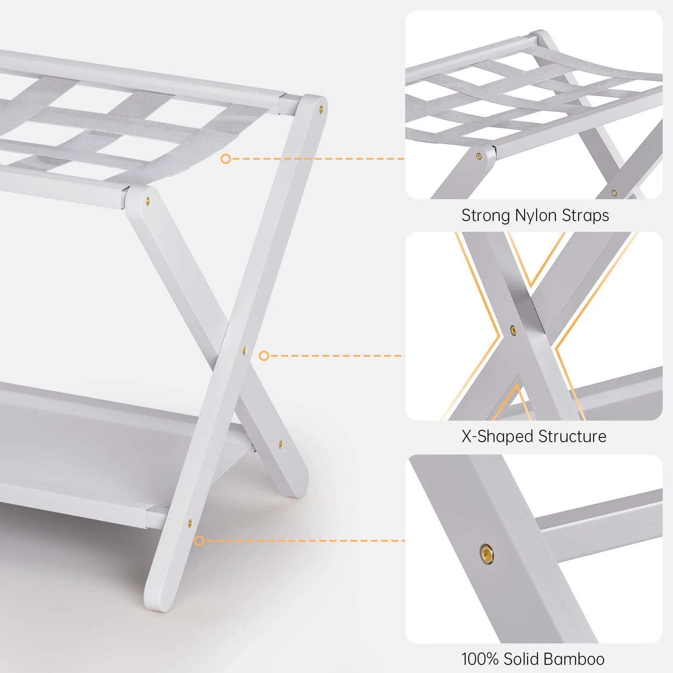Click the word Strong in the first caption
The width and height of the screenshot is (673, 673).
pyautogui.click(x=486, y=215)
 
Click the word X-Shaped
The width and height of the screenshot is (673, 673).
pyautogui.click(x=497, y=437)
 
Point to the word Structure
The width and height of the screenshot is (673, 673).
pyautogui.click(x=573, y=437)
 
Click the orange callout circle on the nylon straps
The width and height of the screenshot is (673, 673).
pyautogui.click(x=226, y=159)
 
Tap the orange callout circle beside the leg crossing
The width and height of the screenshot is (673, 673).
pyautogui.click(x=264, y=356)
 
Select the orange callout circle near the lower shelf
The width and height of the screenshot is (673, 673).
pyautogui.click(x=199, y=541)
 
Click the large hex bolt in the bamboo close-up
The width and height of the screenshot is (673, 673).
pyautogui.click(x=487, y=553)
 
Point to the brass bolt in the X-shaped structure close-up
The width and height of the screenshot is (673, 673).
pyautogui.click(x=513, y=330)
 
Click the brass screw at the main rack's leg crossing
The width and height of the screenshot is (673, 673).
pyautogui.click(x=245, y=351)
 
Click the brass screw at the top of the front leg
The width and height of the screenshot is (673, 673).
pyautogui.click(x=149, y=200)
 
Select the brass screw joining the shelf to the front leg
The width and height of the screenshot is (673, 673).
pyautogui.click(x=190, y=523)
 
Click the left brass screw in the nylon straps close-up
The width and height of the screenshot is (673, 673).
pyautogui.click(x=479, y=157)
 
